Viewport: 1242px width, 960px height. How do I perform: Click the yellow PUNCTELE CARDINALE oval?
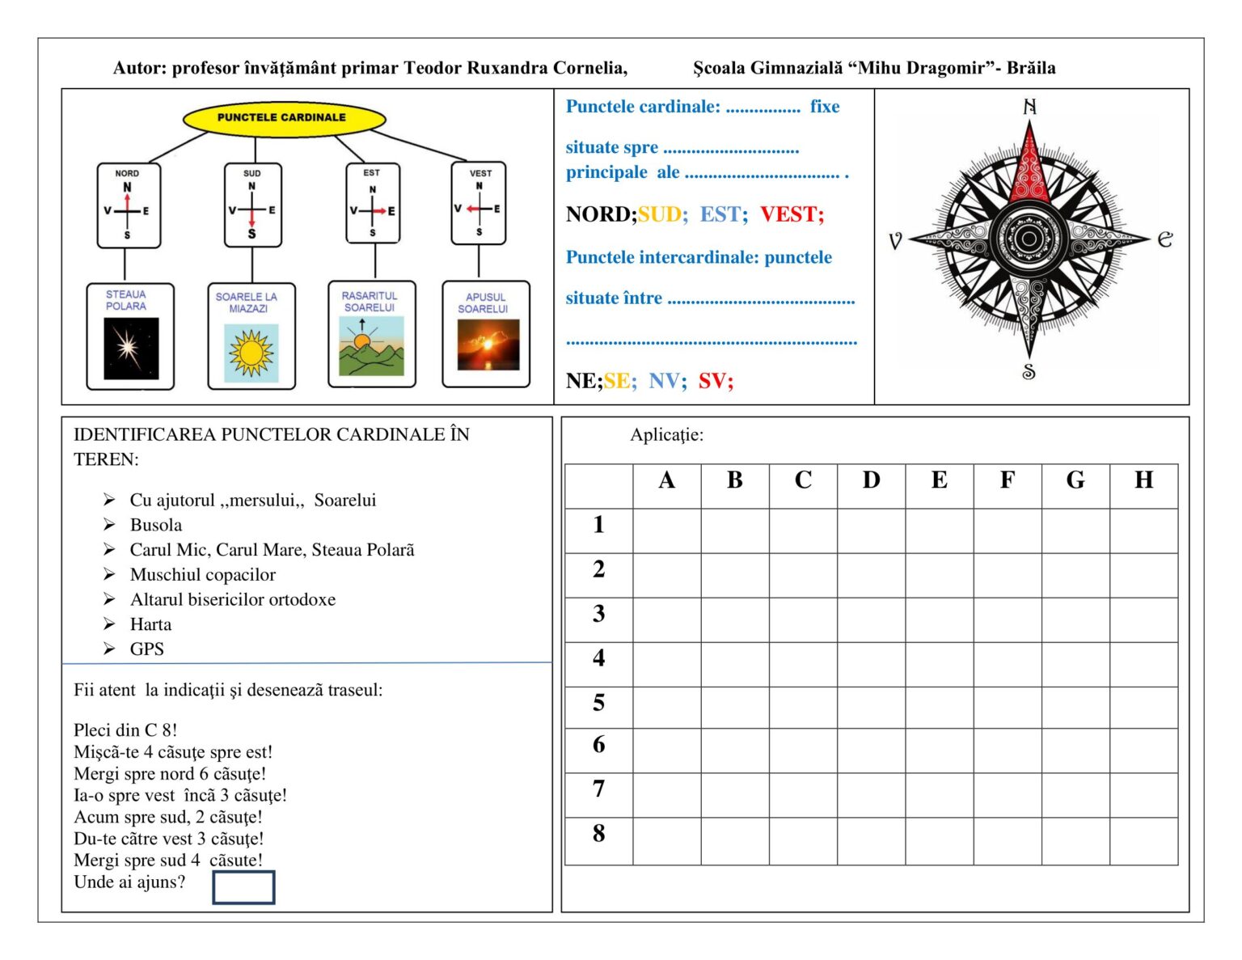click(x=283, y=118)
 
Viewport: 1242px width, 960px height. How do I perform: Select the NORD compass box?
click(x=128, y=205)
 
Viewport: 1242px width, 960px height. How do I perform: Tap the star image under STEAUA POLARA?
click(x=131, y=349)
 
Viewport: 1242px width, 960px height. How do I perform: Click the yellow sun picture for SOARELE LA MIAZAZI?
click(x=251, y=353)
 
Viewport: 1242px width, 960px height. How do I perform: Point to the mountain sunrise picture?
click(x=371, y=346)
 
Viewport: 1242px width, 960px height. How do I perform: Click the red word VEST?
click(x=792, y=214)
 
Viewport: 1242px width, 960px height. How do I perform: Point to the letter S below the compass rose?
click(x=1029, y=372)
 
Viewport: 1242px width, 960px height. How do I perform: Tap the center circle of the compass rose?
click(x=1029, y=239)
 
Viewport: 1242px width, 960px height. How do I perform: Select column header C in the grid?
click(x=803, y=480)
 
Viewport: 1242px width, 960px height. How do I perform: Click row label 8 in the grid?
click(x=598, y=834)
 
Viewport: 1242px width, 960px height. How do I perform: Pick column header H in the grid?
click(x=1143, y=480)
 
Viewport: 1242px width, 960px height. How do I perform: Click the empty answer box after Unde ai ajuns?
click(x=243, y=887)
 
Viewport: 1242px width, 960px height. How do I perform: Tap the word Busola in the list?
click(x=156, y=525)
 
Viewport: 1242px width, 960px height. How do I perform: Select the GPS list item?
click(x=146, y=649)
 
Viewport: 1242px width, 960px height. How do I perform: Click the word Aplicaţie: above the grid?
click(x=666, y=435)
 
